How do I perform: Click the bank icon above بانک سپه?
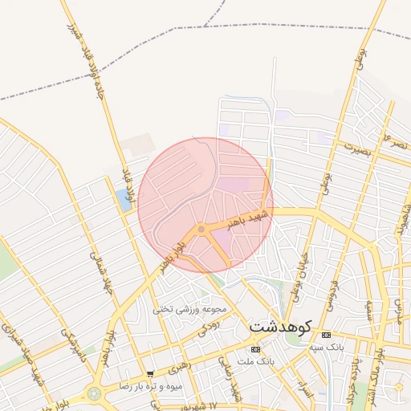click(325, 335)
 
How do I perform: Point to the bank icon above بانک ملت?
click(255, 349)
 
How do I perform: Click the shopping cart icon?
click(150, 374)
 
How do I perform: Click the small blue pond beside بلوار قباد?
click(124, 200)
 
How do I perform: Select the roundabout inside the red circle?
click(201, 230)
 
